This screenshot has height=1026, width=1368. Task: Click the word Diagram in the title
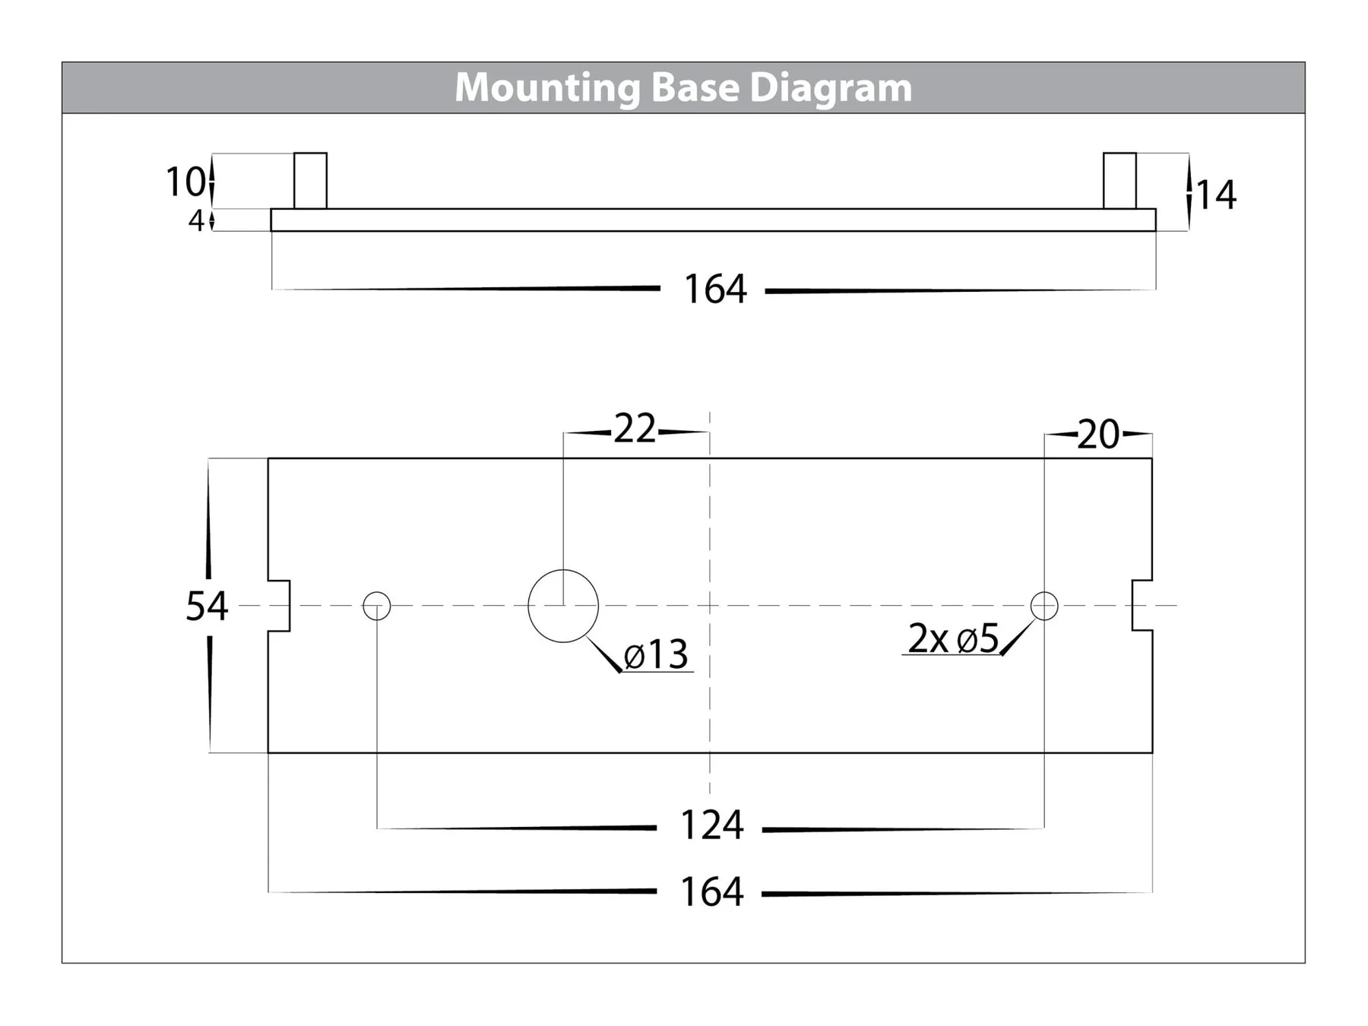coord(831,88)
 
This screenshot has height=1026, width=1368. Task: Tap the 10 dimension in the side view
coord(185,182)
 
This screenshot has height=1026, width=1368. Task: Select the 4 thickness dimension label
coord(196,221)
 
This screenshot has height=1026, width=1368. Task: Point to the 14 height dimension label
coord(1217,195)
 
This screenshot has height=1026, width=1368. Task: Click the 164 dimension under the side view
coord(714,290)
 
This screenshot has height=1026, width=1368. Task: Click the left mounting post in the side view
coord(310,181)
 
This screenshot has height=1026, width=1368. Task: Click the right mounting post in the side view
coord(1119,181)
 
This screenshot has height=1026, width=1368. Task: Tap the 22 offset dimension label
coord(635,430)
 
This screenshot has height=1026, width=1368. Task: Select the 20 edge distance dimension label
coord(1098,435)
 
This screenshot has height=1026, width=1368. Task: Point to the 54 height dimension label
coord(207,606)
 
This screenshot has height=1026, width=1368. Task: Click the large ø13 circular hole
coord(563,606)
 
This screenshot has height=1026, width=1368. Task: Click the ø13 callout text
coord(656,655)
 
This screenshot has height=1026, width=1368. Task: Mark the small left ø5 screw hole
coord(377,606)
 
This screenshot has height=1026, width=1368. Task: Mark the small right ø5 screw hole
coord(1044,606)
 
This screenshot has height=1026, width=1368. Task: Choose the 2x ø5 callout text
coord(953,638)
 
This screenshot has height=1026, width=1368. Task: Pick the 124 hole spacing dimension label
coord(711,826)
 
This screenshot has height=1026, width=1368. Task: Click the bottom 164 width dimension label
coord(711,892)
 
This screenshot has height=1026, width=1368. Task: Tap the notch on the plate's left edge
coord(279,606)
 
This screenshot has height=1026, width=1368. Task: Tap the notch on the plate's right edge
coord(1142,606)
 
